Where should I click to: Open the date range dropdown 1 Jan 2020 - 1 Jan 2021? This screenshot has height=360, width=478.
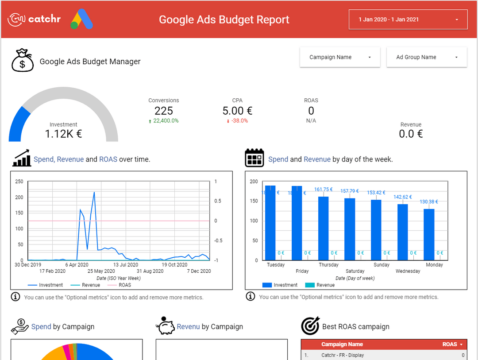tap(408, 19)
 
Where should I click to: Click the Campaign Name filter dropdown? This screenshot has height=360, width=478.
tap(339, 57)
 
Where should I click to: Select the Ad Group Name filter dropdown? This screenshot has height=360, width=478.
tap(426, 57)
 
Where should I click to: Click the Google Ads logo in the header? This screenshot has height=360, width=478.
tap(81, 19)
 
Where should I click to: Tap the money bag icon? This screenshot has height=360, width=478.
tap(22, 61)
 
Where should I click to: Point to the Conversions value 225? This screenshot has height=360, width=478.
tap(164, 111)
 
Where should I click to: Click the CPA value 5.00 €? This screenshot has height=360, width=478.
tap(237, 111)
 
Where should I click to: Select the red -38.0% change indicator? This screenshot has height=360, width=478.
tap(239, 121)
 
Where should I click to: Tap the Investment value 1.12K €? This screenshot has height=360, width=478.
tap(63, 133)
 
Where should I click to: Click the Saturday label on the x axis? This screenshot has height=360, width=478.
tap(355, 271)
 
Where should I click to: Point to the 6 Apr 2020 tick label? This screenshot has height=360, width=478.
tap(77, 265)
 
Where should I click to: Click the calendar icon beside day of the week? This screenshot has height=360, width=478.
tap(254, 158)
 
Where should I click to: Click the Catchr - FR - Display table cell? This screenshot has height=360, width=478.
tap(343, 355)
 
